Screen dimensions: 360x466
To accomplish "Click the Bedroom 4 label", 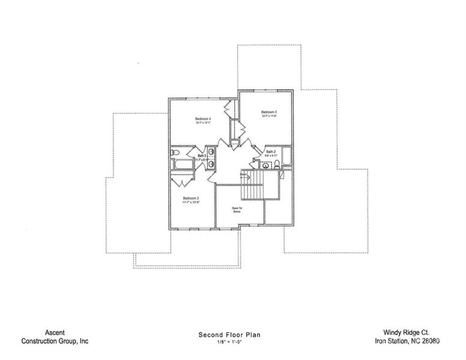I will tap(203, 119).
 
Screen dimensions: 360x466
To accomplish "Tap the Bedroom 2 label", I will tap(268, 112).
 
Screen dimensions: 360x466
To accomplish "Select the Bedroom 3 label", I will tap(191, 198).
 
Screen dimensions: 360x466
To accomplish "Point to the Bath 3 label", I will tap(202, 156).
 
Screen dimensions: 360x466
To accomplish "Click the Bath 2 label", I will tap(270, 152).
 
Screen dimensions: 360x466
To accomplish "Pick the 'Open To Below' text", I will tap(236, 210).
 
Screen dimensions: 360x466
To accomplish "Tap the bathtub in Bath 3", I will tap(181, 164).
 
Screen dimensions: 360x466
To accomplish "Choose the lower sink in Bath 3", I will tap(211, 164).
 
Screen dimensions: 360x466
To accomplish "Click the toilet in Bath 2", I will tap(265, 164).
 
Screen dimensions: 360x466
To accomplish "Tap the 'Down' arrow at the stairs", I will tap(245, 176).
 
